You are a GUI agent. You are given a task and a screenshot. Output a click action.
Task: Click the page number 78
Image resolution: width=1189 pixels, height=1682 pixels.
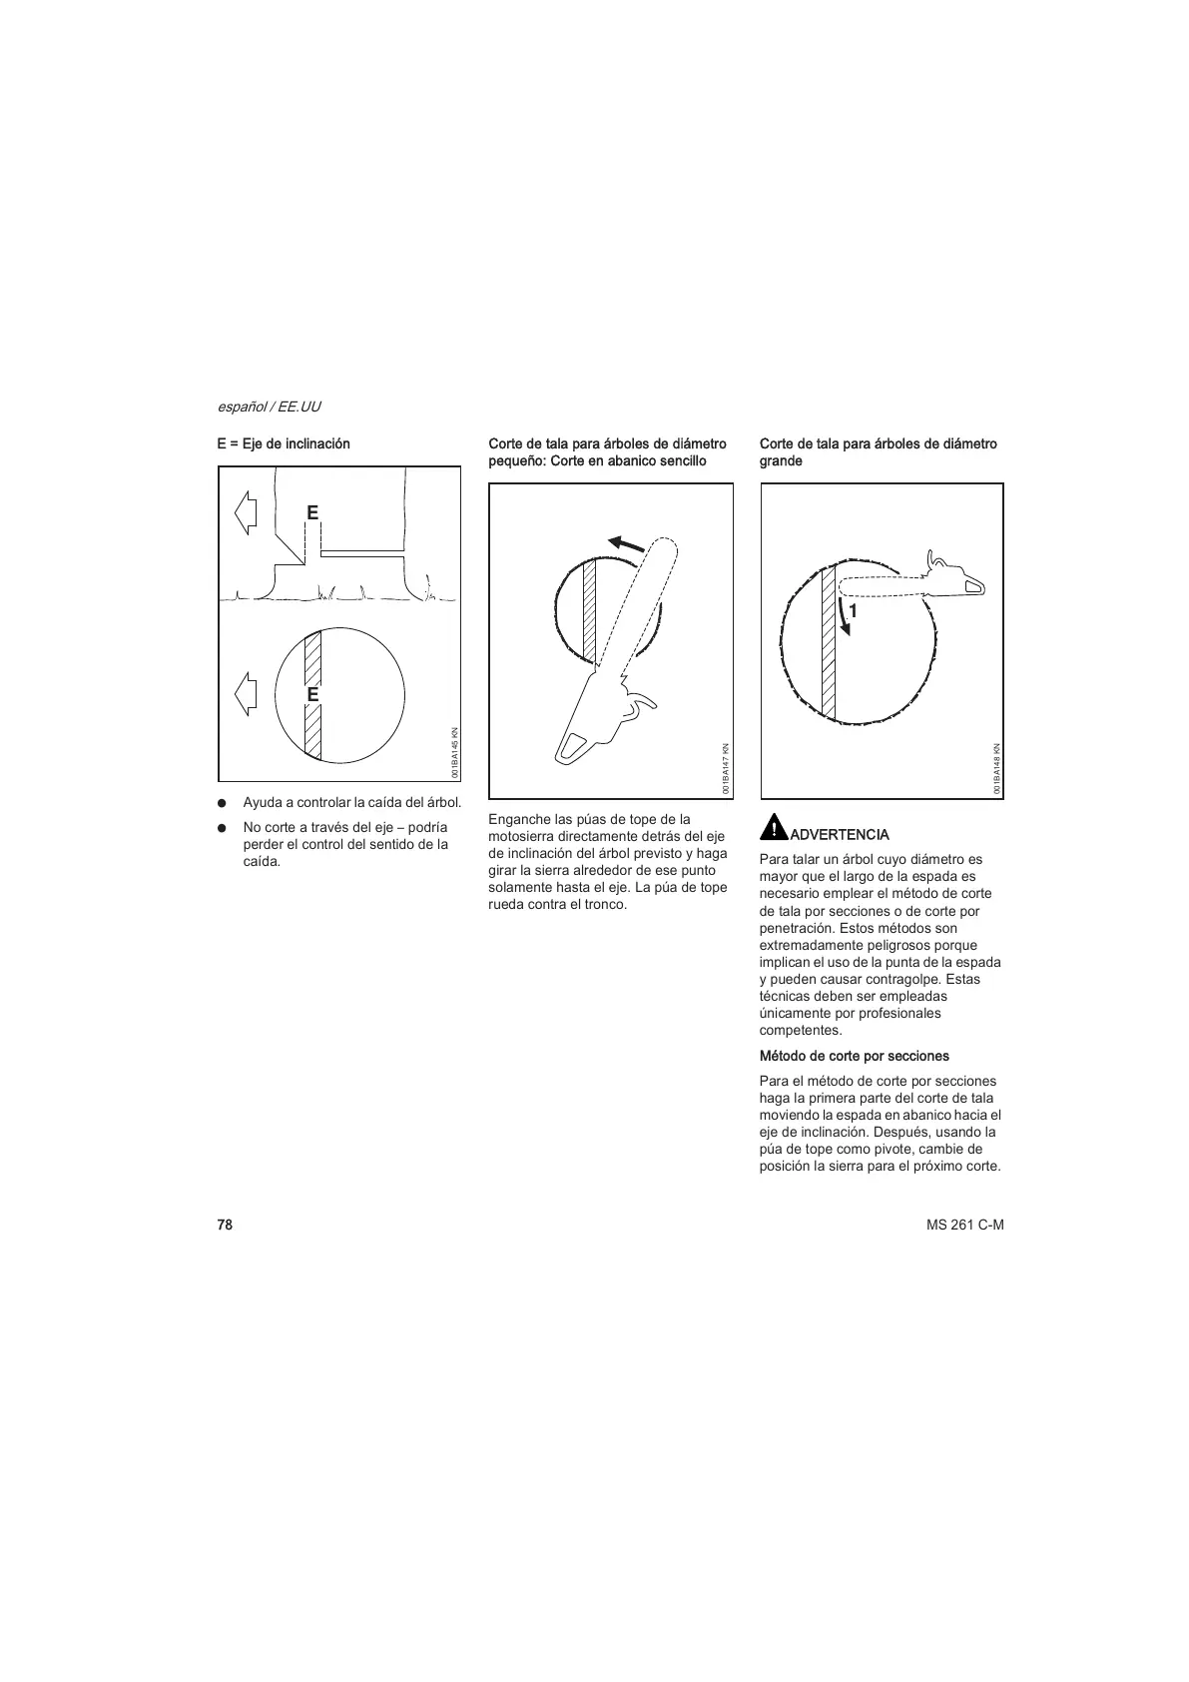[x=225, y=1225]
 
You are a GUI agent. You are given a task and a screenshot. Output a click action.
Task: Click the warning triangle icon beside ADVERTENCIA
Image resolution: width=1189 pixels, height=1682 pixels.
[x=773, y=828]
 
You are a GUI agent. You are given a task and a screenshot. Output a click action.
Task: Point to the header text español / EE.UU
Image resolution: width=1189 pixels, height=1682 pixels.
[x=269, y=407]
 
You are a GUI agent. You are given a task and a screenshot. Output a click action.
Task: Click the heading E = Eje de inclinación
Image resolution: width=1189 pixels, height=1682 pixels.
[x=284, y=443]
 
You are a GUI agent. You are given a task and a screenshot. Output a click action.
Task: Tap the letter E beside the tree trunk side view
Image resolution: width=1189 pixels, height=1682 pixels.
[x=311, y=512]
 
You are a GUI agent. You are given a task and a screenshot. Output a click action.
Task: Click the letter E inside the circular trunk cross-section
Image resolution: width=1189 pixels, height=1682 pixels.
[x=312, y=693]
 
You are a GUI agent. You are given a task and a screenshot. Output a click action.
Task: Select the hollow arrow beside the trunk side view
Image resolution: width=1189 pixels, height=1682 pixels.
[x=246, y=512]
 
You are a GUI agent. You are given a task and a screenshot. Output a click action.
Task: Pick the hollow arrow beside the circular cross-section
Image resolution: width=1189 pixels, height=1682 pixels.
[x=246, y=693]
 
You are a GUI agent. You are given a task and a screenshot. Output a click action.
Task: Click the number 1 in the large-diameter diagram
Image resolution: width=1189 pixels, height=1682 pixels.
[x=854, y=610]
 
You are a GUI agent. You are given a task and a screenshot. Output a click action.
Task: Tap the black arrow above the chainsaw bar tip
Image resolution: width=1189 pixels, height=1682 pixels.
[x=627, y=543]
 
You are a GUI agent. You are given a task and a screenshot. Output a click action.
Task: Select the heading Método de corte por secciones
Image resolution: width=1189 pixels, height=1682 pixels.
[x=854, y=1056]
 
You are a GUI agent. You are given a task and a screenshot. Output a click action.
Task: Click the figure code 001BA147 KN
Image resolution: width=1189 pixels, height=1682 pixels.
[x=728, y=768]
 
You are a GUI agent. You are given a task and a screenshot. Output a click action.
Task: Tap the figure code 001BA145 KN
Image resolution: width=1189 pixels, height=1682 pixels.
[x=455, y=752]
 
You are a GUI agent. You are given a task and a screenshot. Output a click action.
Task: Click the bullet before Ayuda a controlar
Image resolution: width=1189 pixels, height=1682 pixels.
[x=224, y=803]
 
